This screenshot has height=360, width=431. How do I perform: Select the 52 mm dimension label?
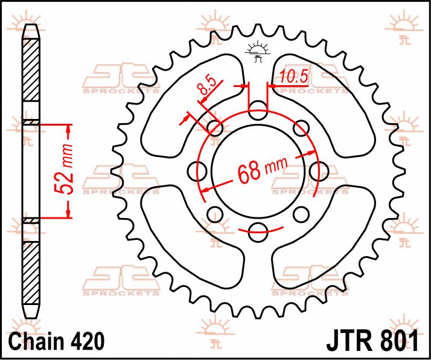pos(68,172)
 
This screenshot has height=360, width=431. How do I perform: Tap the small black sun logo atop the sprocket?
pos(258,52)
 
